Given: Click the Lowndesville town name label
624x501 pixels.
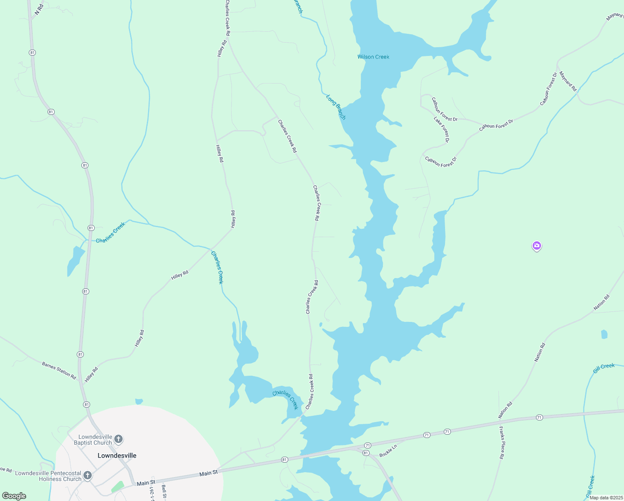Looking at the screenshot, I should click(x=117, y=455).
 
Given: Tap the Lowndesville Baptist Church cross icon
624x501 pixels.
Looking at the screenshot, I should click(x=118, y=439).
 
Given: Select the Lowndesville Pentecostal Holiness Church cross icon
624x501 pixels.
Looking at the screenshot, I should click(x=88, y=475).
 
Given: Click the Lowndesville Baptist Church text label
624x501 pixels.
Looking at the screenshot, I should click(x=93, y=440).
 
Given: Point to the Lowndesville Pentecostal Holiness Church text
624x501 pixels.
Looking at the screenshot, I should click(x=48, y=476).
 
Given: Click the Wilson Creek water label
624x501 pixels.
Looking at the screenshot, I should click(x=373, y=57).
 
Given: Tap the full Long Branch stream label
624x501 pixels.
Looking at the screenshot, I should click(x=336, y=107).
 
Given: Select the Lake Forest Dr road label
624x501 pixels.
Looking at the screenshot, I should click(x=441, y=129).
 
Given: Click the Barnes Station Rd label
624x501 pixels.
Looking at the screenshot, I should click(x=59, y=371).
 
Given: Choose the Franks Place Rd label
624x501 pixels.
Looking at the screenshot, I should click(x=502, y=443).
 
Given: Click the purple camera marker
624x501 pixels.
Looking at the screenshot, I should click(x=537, y=246).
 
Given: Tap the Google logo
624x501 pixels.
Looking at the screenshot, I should click(x=14, y=496).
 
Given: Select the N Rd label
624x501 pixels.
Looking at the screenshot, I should click(x=39, y=10).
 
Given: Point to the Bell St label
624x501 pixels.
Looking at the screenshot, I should click(x=164, y=492).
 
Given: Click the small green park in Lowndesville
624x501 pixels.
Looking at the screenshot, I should click(x=117, y=487).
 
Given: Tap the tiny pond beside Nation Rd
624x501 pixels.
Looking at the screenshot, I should click(x=604, y=334).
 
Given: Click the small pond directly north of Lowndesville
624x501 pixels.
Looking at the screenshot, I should click(x=139, y=402).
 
